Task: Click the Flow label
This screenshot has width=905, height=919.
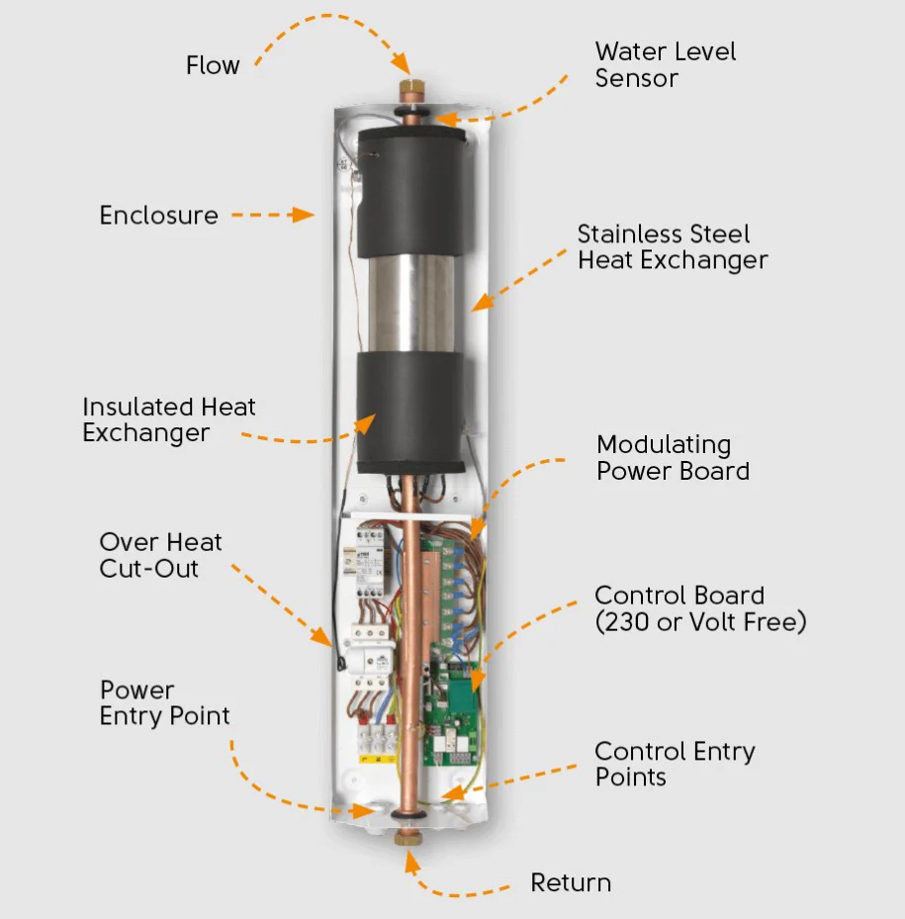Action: tap(213, 66)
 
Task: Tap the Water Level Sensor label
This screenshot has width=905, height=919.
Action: tap(665, 65)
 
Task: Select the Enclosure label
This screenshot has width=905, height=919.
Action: tap(158, 215)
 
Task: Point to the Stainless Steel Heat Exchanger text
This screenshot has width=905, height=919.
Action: tap(673, 247)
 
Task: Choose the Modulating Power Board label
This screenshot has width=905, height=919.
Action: tap(673, 458)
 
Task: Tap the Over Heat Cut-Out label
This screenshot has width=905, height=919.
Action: tap(160, 555)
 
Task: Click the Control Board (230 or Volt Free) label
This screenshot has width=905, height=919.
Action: tap(700, 608)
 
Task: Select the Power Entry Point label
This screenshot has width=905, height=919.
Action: tap(164, 703)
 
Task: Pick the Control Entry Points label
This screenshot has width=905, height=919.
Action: tap(675, 764)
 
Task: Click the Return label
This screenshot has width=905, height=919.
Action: tap(571, 882)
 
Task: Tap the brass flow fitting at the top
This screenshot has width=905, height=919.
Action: tap(407, 94)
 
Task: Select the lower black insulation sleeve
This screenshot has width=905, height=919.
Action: tap(409, 412)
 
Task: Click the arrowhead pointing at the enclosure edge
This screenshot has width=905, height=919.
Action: tap(308, 215)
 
